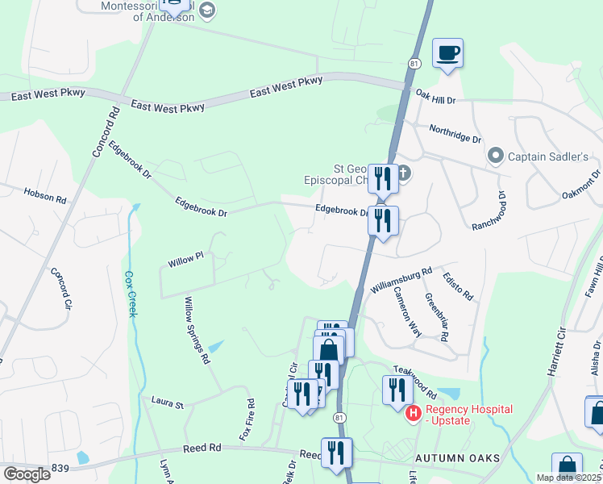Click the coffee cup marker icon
click(448, 54)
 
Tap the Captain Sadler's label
click(550, 156)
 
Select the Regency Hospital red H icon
click(414, 413)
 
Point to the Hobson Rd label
click(45, 195)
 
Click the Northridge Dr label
click(455, 133)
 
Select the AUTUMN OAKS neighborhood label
click(459, 458)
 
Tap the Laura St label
click(168, 401)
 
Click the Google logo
click(27, 474)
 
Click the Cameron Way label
click(407, 311)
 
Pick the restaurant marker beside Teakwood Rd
click(396, 391)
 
